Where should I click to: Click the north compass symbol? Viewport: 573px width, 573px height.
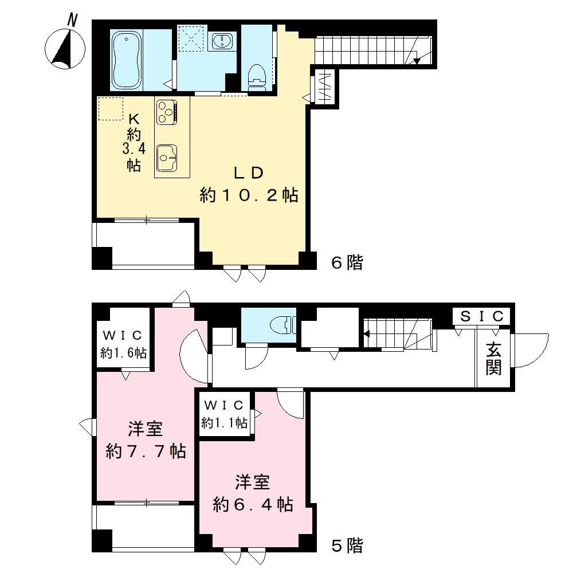65,47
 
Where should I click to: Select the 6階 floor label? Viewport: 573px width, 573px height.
347,263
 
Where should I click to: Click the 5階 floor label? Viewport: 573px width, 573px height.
347,546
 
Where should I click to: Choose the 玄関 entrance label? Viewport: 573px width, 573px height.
493,358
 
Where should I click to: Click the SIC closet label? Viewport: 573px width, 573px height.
482,316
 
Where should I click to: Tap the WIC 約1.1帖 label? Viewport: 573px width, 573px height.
225,414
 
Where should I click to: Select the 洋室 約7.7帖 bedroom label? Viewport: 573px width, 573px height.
145,440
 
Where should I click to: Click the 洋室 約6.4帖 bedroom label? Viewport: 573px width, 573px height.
253,493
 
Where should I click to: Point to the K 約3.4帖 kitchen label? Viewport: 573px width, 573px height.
134,142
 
